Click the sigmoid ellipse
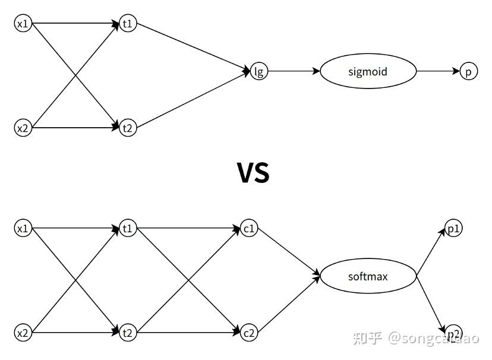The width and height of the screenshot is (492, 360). [368, 71]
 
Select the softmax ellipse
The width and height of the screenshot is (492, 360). [368, 276]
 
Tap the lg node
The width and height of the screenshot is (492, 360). [258, 71]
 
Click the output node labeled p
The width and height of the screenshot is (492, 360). [468, 71]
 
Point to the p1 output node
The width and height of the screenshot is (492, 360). [453, 229]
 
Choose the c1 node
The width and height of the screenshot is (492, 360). [249, 229]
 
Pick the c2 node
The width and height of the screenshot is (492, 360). [249, 333]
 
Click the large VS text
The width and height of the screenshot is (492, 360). [253, 172]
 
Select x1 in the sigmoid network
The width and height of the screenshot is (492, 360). [23, 24]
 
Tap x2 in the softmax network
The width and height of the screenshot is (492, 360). [23, 333]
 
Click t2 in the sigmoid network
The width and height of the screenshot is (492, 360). [128, 127]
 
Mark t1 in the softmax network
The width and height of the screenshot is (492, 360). [128, 229]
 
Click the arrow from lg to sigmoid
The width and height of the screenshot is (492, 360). [294, 71]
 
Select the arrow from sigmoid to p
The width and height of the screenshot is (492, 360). [438, 71]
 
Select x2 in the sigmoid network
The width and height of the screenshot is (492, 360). [23, 127]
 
